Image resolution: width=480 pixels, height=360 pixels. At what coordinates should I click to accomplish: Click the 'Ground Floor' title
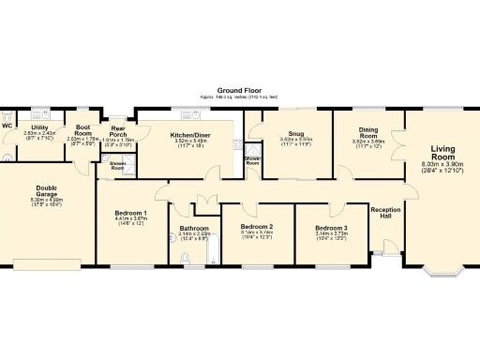tap(239, 91)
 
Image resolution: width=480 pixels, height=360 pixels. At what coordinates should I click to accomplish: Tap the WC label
tap(7, 126)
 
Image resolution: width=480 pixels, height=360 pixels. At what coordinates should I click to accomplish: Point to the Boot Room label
tap(83, 129)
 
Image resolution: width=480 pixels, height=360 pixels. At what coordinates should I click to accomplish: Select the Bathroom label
tap(193, 228)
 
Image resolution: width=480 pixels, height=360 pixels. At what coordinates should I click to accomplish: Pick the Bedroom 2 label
tap(256, 227)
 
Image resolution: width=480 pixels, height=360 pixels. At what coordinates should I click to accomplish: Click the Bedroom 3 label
tap(330, 228)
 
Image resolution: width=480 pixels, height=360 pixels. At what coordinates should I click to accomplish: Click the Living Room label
tap(442, 155)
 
